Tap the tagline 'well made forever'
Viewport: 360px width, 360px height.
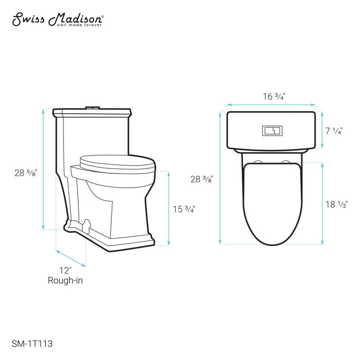(x=79, y=25)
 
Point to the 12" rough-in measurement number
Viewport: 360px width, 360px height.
(x=65, y=270)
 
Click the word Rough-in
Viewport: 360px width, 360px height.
(x=65, y=280)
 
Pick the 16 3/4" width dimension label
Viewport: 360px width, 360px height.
(x=274, y=96)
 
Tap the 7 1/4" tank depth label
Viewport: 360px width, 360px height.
(x=333, y=131)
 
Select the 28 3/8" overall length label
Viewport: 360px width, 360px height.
(x=201, y=179)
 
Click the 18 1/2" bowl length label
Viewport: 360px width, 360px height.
(x=337, y=204)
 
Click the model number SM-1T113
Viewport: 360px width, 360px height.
(x=33, y=343)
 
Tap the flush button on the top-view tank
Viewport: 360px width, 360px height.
(x=271, y=130)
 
